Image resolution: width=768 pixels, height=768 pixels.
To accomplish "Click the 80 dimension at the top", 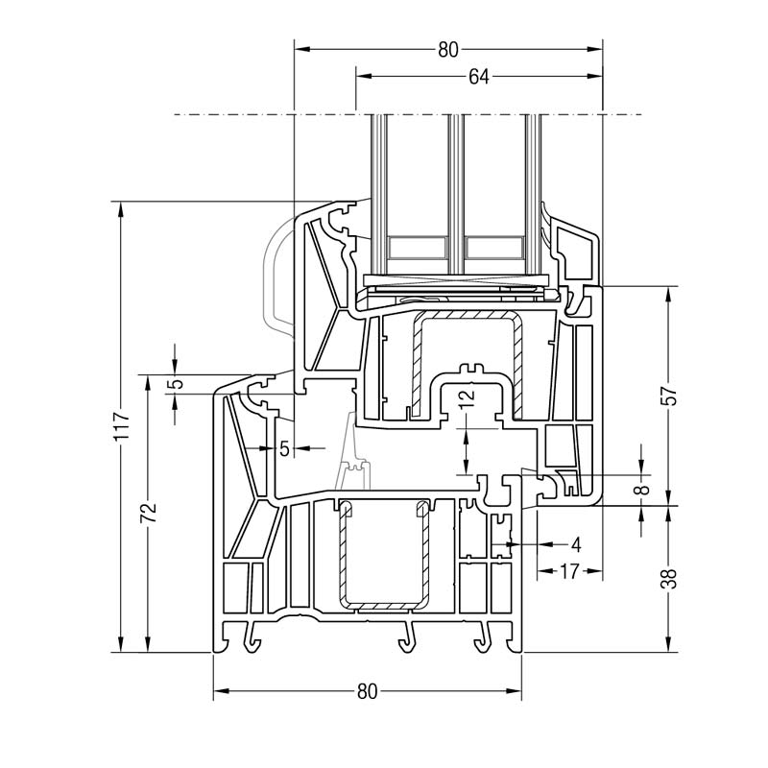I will tap(448, 50).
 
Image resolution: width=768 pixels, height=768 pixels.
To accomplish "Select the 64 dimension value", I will tap(479, 78).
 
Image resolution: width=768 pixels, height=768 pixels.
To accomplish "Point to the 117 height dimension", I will tap(119, 425).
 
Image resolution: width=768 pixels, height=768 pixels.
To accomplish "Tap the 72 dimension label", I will tap(147, 512).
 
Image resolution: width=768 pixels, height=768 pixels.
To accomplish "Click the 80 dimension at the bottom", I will tap(367, 691).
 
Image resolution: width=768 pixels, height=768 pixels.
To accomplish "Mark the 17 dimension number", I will tap(568, 571).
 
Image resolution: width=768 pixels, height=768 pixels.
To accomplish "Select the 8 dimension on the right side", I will tap(643, 490).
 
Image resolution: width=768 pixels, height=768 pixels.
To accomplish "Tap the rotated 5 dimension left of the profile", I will tap(174, 384).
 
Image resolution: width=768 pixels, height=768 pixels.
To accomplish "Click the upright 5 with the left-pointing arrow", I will tap(284, 448).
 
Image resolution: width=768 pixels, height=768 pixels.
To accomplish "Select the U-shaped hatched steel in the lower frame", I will tap(382, 557).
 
